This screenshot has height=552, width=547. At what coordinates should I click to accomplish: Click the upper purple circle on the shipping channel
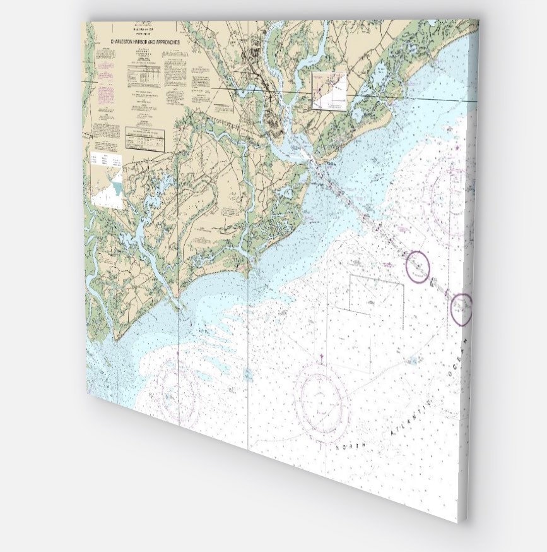point(417,266)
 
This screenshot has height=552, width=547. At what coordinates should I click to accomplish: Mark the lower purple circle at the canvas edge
point(462,309)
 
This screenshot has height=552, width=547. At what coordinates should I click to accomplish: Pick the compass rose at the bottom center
point(321,395)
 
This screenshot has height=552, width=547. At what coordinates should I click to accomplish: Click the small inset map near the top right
point(329,90)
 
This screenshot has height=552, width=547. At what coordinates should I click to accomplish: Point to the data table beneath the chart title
point(142,74)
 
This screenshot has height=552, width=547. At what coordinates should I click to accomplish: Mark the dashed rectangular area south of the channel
point(377,294)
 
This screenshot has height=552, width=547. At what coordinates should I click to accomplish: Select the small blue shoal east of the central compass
point(413,360)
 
